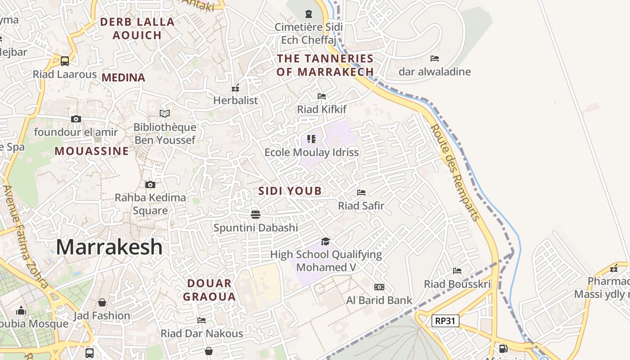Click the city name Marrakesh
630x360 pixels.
pos(109,247)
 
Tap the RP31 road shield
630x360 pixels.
pos(445,321)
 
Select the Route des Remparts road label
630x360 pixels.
pos(455,173)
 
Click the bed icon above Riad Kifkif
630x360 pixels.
pos(321,96)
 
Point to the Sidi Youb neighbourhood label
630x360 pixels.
pos(290,191)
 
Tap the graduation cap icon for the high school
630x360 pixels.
pos(325,242)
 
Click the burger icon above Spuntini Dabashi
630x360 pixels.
pos(256,214)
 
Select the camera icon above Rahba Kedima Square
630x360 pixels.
pos(150,184)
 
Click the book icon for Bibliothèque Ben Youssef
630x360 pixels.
pos(165,114)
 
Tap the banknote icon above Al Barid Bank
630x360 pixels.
pos(379,287)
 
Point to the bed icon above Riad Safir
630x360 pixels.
pos(361,193)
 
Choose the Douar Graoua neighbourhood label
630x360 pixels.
pos(209,290)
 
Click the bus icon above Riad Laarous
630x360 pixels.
pos(65,61)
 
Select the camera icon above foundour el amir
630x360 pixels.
pos(76,119)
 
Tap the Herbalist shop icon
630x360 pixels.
pos(235,87)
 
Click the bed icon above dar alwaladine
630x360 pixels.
pos(435,58)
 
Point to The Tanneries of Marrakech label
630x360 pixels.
pos(325,65)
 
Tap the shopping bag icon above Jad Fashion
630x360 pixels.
pos(102,302)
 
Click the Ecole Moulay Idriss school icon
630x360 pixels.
pos(311,139)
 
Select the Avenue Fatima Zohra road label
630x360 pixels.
pos(26,236)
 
